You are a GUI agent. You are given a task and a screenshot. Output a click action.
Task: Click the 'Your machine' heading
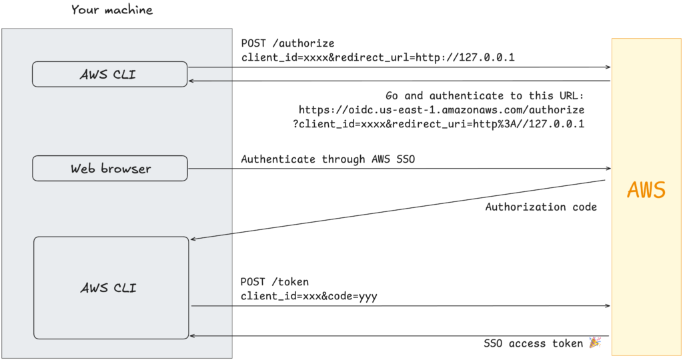coord(112,10)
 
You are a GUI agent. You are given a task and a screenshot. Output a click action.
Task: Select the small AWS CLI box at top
coord(109,74)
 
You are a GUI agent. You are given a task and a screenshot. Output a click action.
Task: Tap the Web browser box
coord(109,169)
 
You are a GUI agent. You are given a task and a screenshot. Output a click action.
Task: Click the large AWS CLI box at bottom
coord(111,288)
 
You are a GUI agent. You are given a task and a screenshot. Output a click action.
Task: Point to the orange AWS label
coord(646,191)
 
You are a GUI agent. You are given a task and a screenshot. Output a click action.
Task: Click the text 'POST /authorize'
coord(287,43)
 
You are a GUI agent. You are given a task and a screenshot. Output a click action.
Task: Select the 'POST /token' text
coord(275,282)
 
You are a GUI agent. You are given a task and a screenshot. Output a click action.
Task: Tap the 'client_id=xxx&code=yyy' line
coord(309,296)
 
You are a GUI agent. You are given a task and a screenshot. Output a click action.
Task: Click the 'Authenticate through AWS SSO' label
coord(327,159)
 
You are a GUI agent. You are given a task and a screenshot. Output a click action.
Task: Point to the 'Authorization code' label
coord(541,207)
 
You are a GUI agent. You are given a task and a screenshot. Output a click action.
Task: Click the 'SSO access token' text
coord(534,343)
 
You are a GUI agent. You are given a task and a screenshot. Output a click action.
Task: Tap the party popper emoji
coord(594,343)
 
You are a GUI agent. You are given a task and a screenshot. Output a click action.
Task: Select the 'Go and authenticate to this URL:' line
coord(485,96)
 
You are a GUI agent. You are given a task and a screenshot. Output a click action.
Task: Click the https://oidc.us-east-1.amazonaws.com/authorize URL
coord(442,109)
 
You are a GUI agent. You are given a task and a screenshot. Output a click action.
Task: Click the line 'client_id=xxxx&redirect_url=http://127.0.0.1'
coord(378,57)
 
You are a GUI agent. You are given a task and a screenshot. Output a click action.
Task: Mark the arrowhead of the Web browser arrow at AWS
coord(608,169)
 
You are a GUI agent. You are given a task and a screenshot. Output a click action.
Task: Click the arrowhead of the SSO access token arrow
coord(193,335)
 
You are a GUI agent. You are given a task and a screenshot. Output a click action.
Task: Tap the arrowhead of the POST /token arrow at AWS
coord(608,306)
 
